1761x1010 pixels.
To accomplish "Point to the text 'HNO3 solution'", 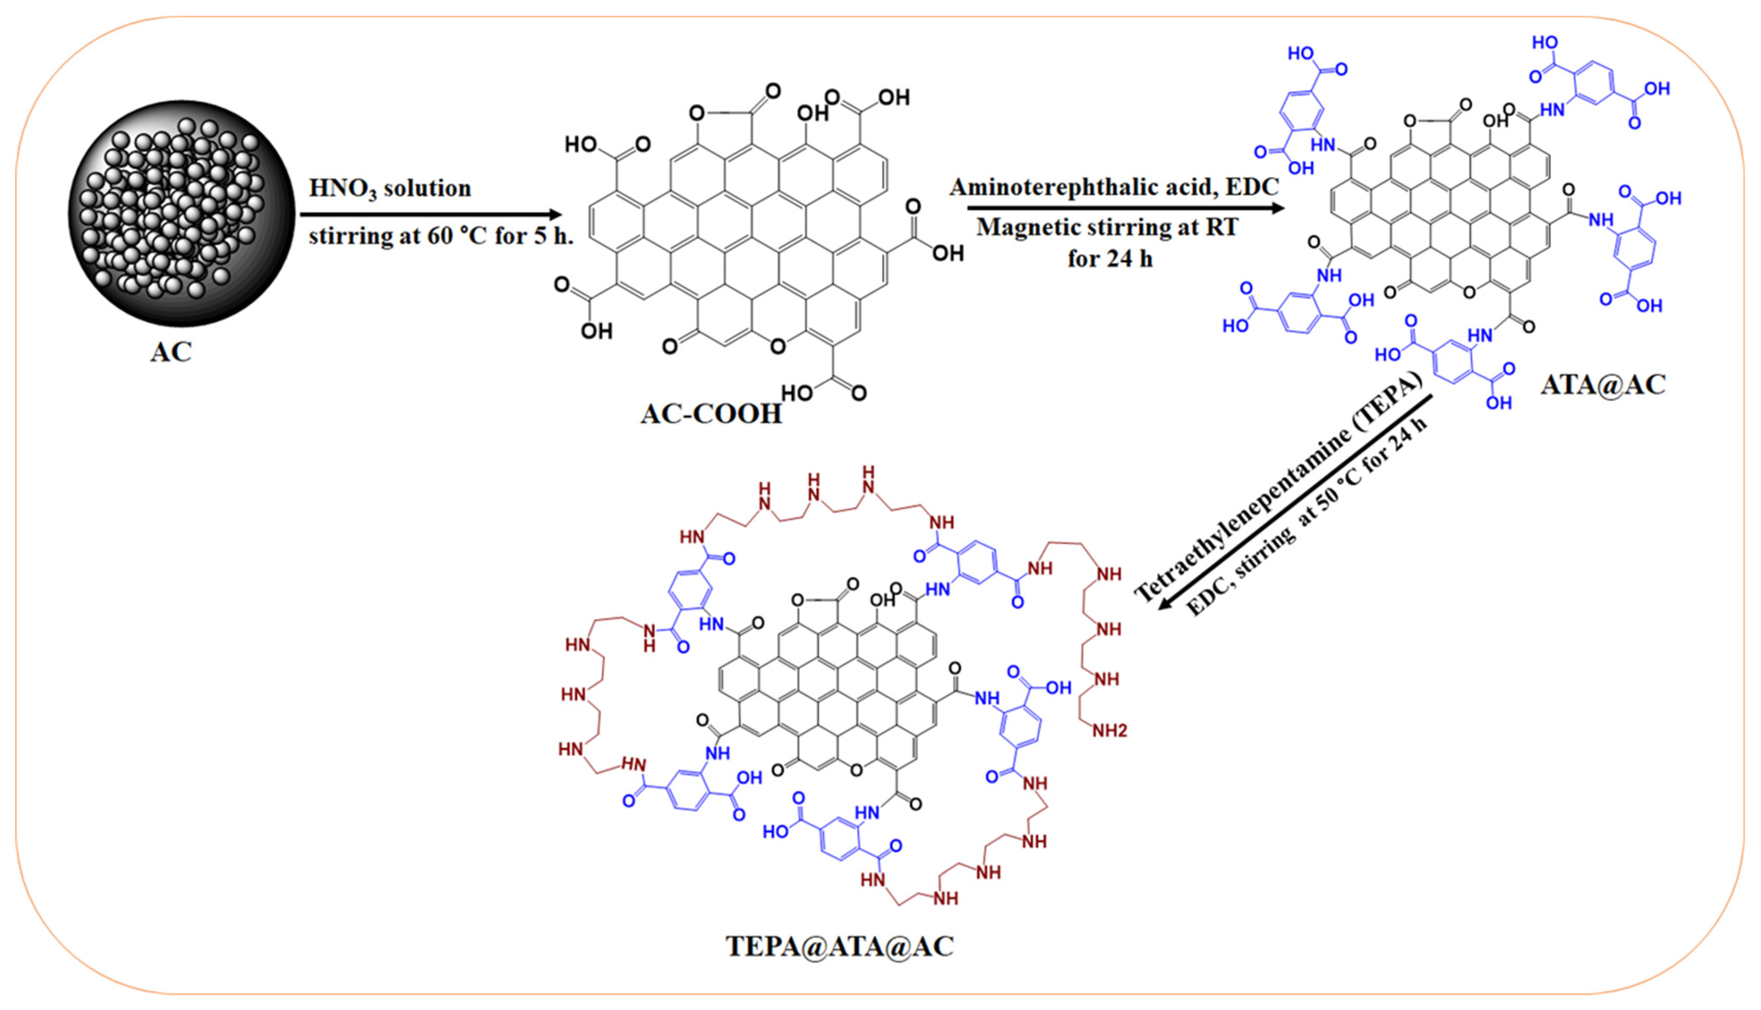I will tap(390, 189).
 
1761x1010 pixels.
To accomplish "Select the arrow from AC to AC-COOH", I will tap(430, 214).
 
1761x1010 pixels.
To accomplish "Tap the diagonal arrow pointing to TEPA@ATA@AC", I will tap(1295, 502).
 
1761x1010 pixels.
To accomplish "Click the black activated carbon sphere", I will tap(182, 213).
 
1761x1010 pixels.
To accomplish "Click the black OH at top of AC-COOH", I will tap(813, 113).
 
